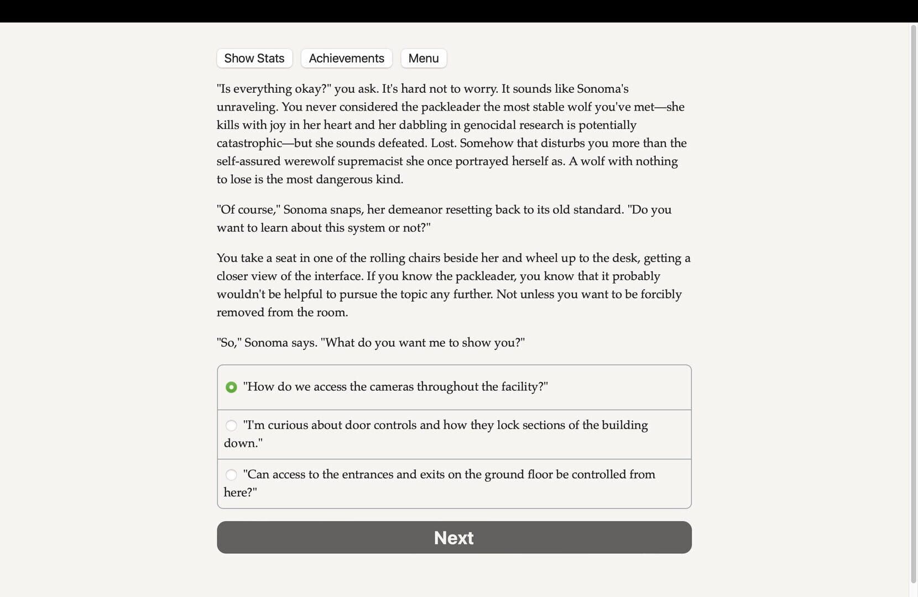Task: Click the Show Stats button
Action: (254, 58)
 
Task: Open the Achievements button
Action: (346, 58)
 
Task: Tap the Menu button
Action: (424, 58)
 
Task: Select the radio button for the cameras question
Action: (231, 387)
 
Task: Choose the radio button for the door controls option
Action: (231, 425)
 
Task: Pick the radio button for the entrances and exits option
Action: (231, 474)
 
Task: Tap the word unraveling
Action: (246, 107)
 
